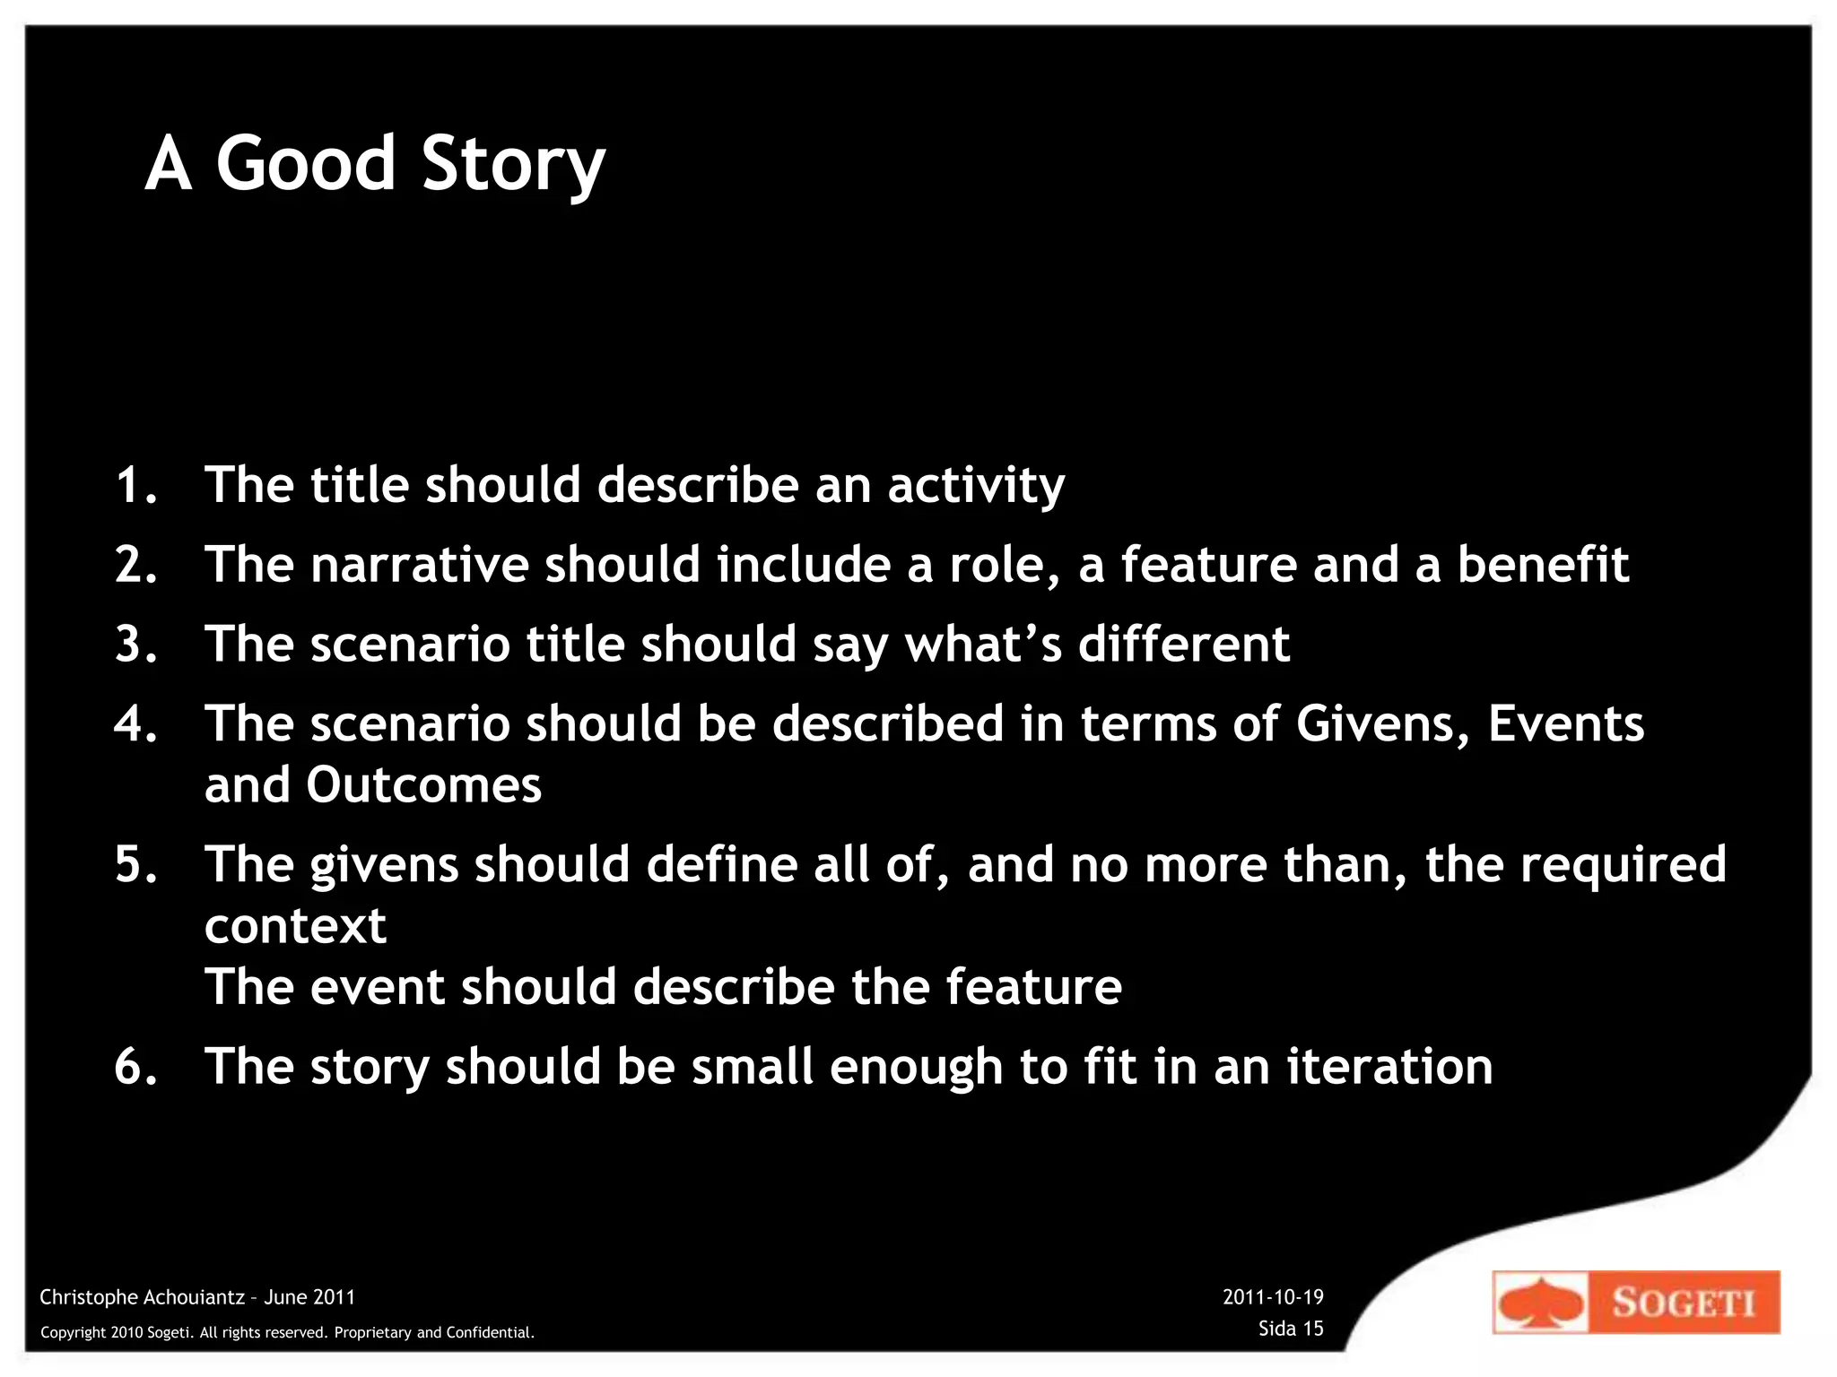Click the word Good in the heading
click(x=305, y=163)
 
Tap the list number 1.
click(x=135, y=485)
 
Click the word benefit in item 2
click(x=1542, y=565)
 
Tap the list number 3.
click(x=135, y=644)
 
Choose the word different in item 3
click(x=1183, y=644)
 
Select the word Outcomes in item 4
click(x=423, y=785)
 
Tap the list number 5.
click(x=135, y=864)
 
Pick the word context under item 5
click(x=295, y=926)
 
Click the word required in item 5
click(x=1623, y=866)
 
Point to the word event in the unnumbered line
click(x=377, y=987)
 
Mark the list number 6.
click(x=135, y=1067)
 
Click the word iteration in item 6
click(x=1389, y=1067)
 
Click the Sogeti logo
click(x=1635, y=1302)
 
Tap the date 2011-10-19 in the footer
click(x=1273, y=1297)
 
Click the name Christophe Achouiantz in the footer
click(x=142, y=1297)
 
